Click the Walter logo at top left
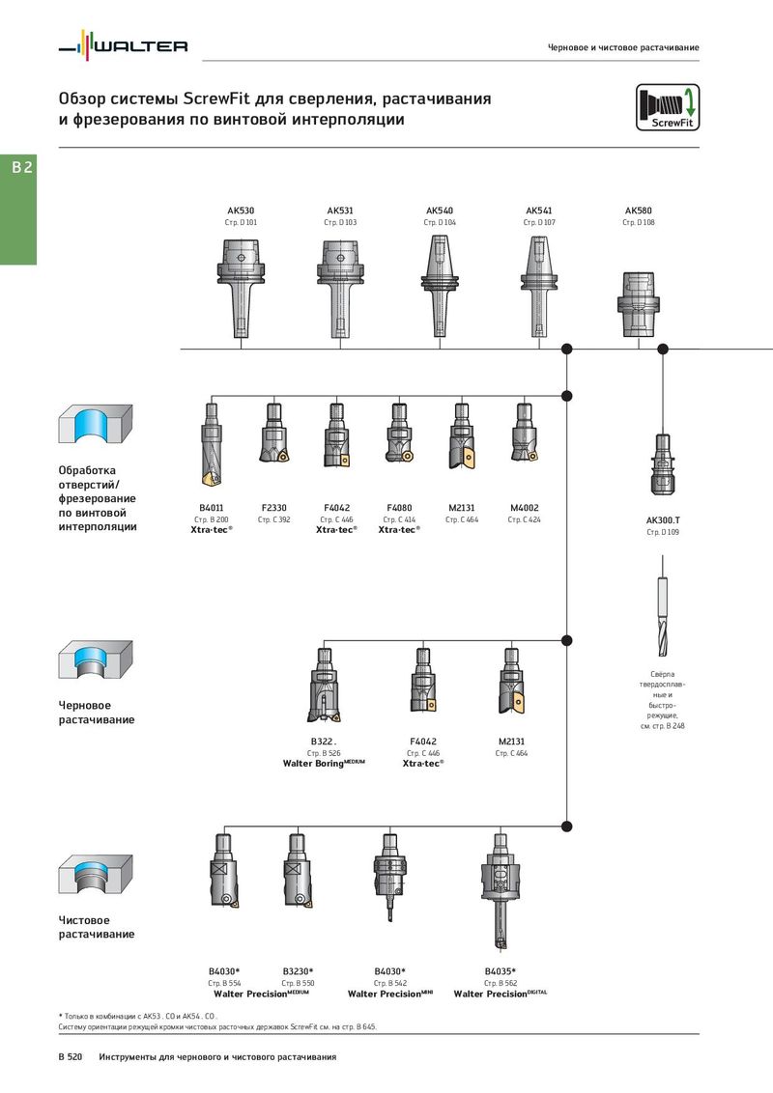[x=123, y=46]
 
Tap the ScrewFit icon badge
[x=667, y=107]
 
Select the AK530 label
[x=241, y=210]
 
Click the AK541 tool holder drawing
[x=538, y=286]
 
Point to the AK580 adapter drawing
[x=639, y=304]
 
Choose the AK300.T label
[x=663, y=520]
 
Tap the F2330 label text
[x=273, y=508]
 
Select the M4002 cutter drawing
[x=524, y=433]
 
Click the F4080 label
[x=399, y=508]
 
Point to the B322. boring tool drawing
[x=324, y=686]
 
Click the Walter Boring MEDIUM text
[x=324, y=764]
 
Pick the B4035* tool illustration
[x=500, y=891]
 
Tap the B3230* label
[x=298, y=971]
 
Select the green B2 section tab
[x=18, y=210]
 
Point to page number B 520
[x=71, y=1056]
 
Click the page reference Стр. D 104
[x=440, y=222]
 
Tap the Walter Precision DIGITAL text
[x=501, y=994]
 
